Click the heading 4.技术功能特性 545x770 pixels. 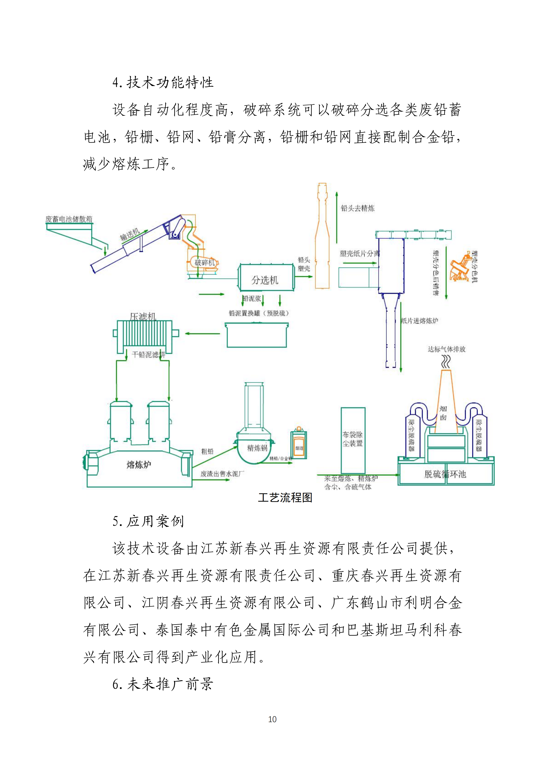pyautogui.click(x=163, y=83)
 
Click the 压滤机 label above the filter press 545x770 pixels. pyautogui.click(x=143, y=316)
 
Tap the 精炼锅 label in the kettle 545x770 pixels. pyautogui.click(x=257, y=448)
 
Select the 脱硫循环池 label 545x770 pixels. pyautogui.click(x=445, y=474)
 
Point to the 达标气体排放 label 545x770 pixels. pyautogui.click(x=446, y=349)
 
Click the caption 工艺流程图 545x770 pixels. pyautogui.click(x=285, y=497)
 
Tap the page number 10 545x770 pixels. pyautogui.click(x=272, y=719)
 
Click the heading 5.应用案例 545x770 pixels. pyautogui.click(x=148, y=521)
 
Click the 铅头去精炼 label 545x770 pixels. pyautogui.click(x=357, y=208)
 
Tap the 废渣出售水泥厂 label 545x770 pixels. pyautogui.click(x=222, y=473)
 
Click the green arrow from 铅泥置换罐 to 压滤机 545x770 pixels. pyautogui.click(x=202, y=333)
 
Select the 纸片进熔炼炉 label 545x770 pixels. pyautogui.click(x=420, y=321)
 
